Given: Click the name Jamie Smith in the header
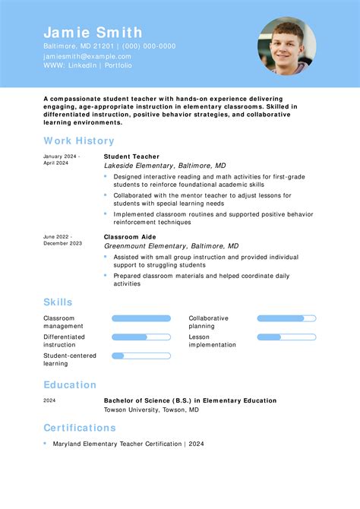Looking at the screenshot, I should (93, 33).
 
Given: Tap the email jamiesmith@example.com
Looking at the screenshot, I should (87, 56).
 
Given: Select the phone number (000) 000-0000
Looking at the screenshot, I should (149, 46).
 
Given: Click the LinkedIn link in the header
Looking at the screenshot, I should (81, 66).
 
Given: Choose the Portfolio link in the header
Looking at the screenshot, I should (118, 66).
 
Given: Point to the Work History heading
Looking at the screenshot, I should (79, 141).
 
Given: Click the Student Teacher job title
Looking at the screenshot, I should (131, 156).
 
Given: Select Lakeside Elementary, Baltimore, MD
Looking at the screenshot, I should (165, 166).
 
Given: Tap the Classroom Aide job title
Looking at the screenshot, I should (129, 237).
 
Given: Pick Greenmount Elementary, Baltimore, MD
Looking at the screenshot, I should (171, 246).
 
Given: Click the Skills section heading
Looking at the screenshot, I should (58, 302).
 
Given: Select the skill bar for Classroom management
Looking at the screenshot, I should (141, 318).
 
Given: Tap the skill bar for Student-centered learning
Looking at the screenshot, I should (141, 356).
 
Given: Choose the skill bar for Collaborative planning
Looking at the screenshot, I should (286, 318).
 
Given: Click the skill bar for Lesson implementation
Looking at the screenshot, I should (286, 337).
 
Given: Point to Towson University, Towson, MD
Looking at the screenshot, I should (151, 409).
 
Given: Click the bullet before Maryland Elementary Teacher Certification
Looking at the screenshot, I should (46, 443).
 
